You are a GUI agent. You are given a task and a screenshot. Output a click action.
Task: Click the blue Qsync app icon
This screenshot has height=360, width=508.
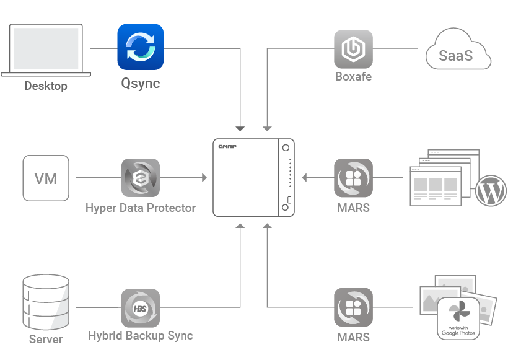(141, 46)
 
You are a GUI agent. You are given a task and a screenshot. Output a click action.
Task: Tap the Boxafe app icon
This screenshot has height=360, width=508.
(353, 49)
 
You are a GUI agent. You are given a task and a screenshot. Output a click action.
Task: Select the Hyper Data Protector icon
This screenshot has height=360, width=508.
(140, 178)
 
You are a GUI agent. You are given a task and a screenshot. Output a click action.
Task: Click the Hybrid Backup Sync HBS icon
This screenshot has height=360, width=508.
(140, 307)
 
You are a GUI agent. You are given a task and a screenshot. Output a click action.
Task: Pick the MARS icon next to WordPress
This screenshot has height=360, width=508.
(353, 178)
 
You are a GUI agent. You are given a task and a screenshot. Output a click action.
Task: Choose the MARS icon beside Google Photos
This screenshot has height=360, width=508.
(353, 307)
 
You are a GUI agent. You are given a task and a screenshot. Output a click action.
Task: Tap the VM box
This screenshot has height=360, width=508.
(46, 178)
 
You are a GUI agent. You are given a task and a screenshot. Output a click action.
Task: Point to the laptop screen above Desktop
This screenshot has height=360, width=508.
(46, 47)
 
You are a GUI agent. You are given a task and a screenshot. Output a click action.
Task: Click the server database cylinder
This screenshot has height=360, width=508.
(45, 304)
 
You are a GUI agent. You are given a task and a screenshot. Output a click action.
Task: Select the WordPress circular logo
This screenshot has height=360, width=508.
(490, 191)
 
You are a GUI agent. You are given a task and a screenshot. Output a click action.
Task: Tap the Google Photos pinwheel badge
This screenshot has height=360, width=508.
(458, 317)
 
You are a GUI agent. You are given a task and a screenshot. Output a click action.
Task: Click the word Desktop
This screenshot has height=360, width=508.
(46, 86)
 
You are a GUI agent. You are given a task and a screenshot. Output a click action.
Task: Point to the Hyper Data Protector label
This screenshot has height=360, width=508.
(141, 208)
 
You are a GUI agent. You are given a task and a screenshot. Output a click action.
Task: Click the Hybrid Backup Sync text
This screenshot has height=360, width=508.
(141, 336)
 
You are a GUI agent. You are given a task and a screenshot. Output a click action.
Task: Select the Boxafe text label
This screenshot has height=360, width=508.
(353, 77)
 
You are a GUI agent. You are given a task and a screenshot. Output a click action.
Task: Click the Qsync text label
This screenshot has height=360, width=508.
(140, 83)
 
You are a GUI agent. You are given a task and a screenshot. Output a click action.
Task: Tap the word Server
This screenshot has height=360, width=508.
(46, 340)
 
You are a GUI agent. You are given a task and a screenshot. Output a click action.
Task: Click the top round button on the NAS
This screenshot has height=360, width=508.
(286, 147)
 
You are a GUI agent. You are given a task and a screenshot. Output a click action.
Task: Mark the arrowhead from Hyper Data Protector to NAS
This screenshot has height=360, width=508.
(204, 178)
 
